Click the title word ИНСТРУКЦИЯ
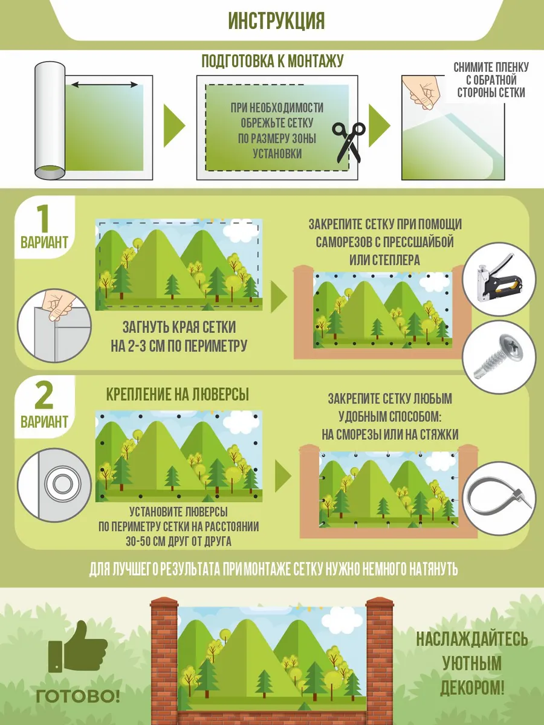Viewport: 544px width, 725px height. tap(276, 21)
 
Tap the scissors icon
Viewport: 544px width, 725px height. tap(349, 143)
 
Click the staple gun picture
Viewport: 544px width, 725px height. tap(499, 278)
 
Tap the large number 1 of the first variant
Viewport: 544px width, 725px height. tap(44, 218)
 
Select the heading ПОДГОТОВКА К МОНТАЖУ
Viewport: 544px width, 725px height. tap(273, 61)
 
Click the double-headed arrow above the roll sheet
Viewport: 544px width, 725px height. tap(105, 85)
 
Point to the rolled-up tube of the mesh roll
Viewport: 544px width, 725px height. tap(50, 121)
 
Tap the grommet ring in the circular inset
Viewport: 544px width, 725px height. tap(62, 485)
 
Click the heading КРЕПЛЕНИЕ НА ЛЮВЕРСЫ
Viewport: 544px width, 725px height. tap(177, 395)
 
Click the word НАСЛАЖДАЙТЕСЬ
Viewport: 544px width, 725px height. tap(472, 639)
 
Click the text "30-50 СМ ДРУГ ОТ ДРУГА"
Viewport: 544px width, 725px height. tap(178, 542)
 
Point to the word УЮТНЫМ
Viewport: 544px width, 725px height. tap(471, 663)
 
